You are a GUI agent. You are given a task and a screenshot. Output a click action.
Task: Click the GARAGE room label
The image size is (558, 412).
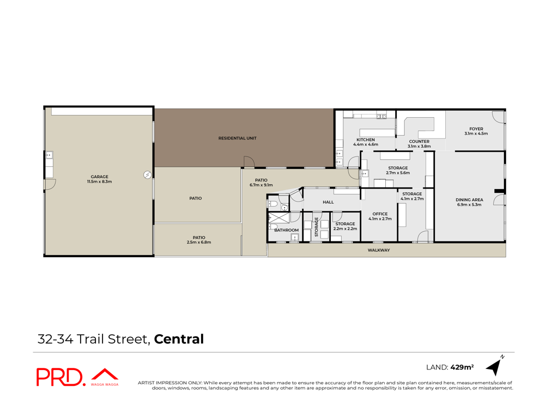point(99,177)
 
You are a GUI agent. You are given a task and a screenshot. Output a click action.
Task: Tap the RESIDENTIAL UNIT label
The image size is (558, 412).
point(238,138)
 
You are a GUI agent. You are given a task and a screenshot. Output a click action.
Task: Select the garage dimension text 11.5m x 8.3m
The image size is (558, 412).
point(99,181)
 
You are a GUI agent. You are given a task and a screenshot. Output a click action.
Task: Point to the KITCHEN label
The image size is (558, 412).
point(366,140)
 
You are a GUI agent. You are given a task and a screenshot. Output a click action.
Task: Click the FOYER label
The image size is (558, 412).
point(476,129)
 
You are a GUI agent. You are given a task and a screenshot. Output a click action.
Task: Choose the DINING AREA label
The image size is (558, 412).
point(469,199)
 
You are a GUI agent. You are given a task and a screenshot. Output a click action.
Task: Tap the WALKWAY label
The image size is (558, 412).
point(379,250)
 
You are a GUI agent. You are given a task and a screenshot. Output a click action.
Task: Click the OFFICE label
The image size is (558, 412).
point(380,214)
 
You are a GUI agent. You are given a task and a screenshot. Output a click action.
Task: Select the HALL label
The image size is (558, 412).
point(328,202)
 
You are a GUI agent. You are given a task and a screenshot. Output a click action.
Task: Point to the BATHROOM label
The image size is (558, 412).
point(287,230)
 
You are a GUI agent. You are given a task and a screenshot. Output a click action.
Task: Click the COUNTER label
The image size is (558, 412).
point(419,141)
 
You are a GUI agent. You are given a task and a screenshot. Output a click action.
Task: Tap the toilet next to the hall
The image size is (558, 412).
point(272,204)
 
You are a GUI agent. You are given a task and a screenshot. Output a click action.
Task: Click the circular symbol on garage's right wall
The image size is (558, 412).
point(147,175)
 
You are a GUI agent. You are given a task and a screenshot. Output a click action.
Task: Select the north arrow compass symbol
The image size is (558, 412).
point(495,366)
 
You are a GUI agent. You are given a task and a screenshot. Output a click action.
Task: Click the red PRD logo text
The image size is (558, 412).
point(61,377)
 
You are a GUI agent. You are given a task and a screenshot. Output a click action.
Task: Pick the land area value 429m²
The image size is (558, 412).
point(462,367)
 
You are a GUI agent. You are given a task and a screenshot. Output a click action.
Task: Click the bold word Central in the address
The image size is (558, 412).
point(179,339)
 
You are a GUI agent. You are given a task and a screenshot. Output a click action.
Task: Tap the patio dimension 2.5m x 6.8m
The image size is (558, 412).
point(199,243)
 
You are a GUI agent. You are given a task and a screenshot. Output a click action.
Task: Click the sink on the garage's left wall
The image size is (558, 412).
point(49,155)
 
